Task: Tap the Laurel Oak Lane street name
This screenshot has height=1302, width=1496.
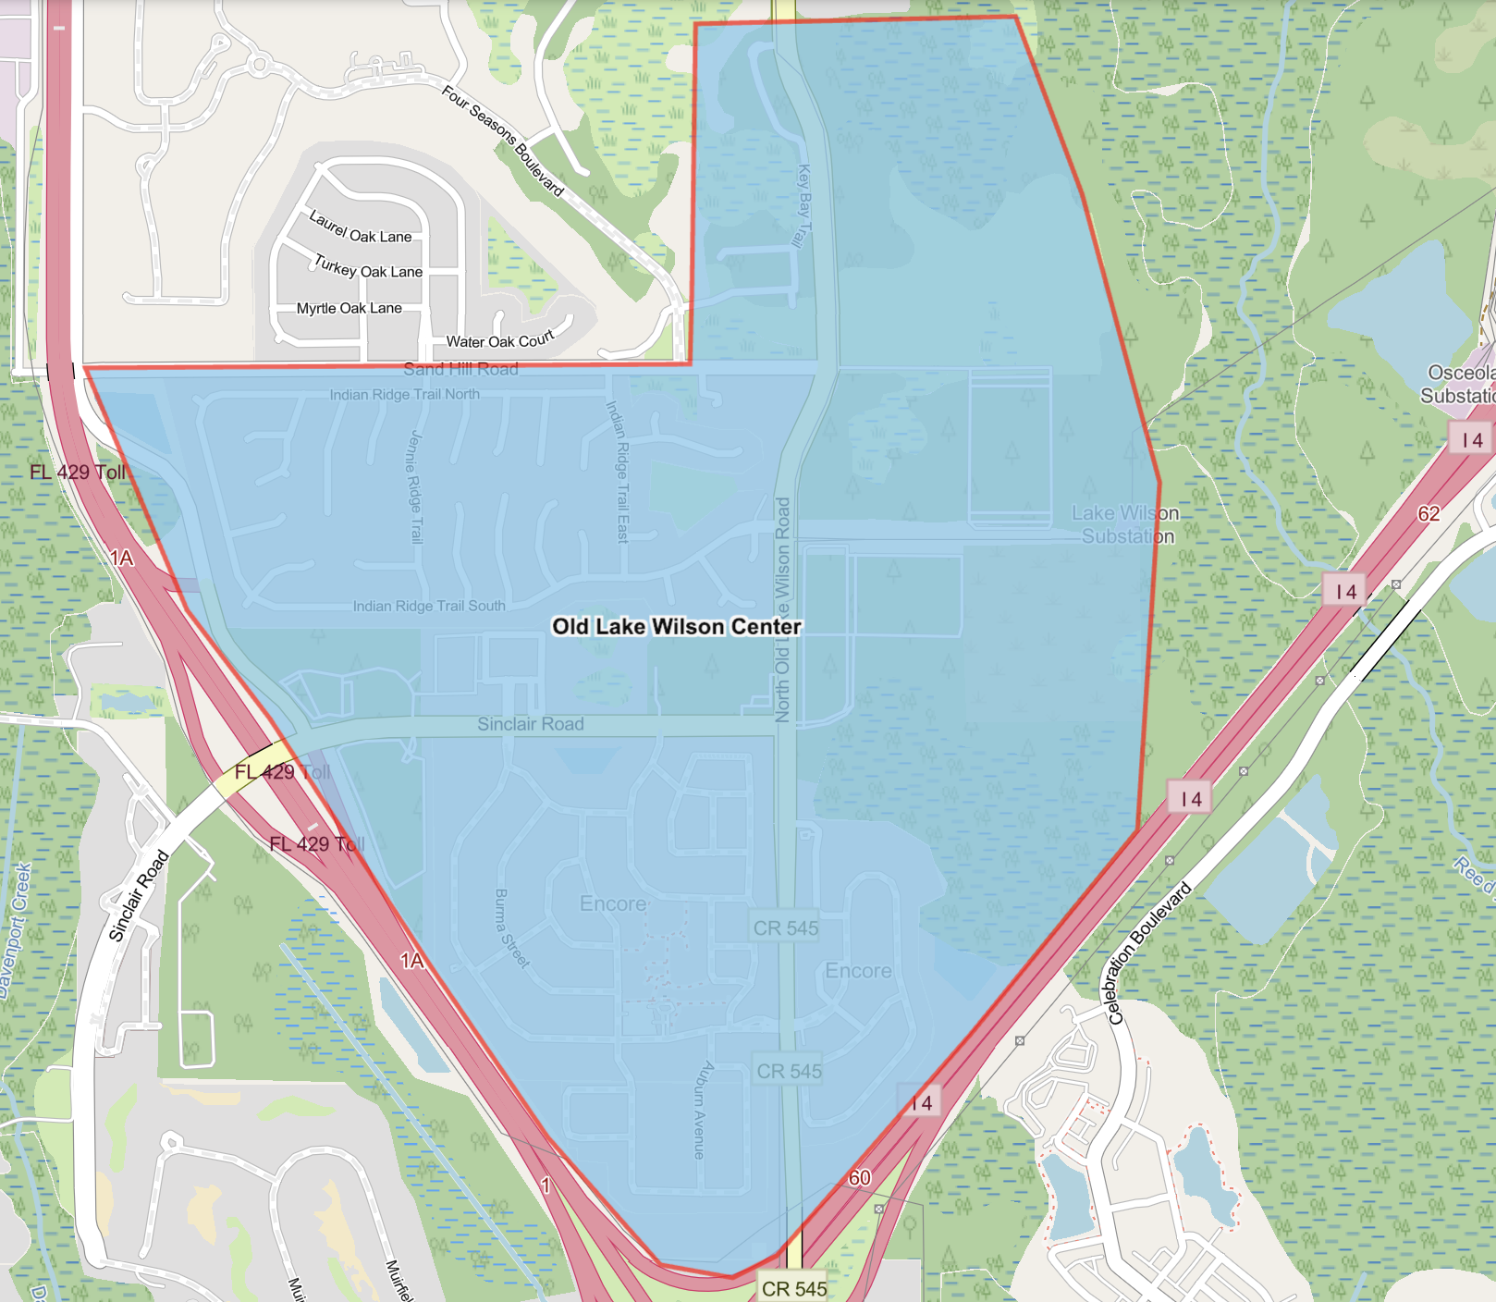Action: pos(360,227)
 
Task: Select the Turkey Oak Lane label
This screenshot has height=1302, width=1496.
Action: pos(368,266)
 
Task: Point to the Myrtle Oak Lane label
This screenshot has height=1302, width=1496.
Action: pos(349,308)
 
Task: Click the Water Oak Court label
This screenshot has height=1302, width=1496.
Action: pos(499,340)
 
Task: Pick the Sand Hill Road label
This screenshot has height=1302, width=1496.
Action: pos(460,369)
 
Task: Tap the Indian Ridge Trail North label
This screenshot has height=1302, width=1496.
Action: pos(404,394)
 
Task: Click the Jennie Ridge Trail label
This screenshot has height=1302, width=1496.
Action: pos(414,486)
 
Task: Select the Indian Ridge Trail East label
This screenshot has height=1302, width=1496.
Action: pos(618,472)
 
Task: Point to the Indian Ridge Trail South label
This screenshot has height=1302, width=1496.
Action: pos(429,606)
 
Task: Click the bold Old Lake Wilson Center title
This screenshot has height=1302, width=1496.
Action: pos(676,626)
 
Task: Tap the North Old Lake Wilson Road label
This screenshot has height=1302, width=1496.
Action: pos(782,610)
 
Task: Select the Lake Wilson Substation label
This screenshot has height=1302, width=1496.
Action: pos(1124,524)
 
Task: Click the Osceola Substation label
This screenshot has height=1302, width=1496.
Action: pos(1460,384)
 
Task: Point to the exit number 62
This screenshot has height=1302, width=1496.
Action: pos(1429,513)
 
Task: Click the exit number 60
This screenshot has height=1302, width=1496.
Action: pos(860,1177)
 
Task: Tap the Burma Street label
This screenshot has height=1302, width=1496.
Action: pos(511,928)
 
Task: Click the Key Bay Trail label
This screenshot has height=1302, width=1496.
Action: pos(803,206)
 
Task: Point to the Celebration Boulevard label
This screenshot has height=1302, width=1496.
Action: pos(1149,953)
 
